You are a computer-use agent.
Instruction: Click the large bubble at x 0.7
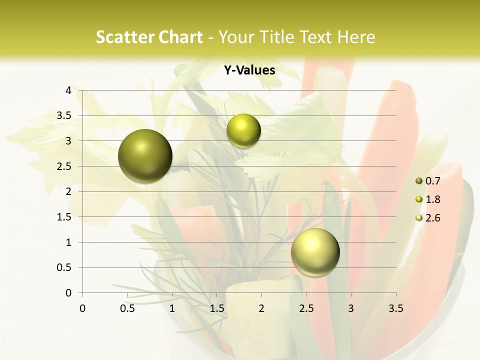tap(145, 156)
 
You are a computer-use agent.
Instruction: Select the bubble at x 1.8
tap(243, 131)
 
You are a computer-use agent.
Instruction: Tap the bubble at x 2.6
tap(315, 252)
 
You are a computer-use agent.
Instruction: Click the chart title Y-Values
tap(249, 70)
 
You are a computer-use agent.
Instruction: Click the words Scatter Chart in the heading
tap(149, 37)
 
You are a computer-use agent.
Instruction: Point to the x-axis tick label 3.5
tap(395, 308)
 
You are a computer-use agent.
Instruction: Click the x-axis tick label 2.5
tap(306, 308)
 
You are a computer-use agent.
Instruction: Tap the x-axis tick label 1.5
tap(216, 308)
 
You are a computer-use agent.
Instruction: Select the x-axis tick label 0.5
tap(127, 308)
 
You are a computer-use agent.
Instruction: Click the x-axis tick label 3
tap(351, 308)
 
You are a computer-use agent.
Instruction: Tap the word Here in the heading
tap(356, 37)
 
